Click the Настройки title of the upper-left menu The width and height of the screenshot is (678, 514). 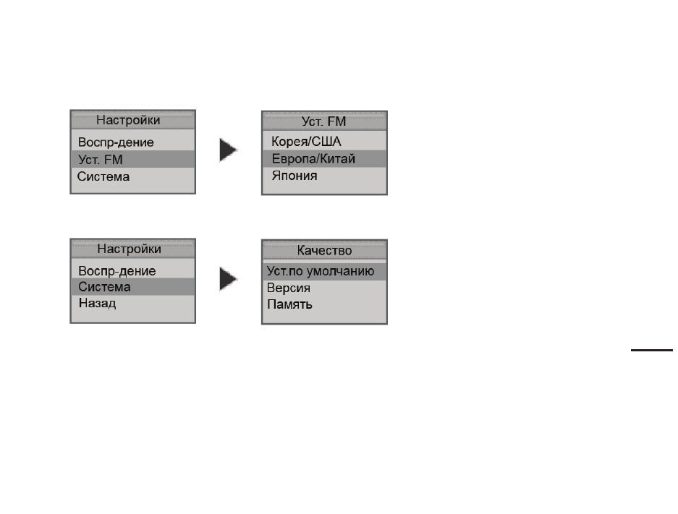(128, 120)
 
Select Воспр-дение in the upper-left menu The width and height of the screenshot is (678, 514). (116, 142)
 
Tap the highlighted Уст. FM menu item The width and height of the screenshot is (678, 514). (101, 159)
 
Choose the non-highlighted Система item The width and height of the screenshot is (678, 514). (103, 176)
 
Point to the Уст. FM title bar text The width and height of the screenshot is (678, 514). (324, 121)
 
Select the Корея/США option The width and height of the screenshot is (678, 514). (306, 141)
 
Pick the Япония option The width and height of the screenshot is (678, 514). (294, 176)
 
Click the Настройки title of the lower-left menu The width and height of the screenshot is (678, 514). (130, 249)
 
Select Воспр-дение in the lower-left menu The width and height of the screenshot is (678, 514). (116, 271)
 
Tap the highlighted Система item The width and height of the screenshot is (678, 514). (104, 287)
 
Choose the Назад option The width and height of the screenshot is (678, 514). (97, 303)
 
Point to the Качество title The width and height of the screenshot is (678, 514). (324, 250)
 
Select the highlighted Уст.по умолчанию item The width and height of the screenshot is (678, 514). (321, 271)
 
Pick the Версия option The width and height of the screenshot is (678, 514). (289, 288)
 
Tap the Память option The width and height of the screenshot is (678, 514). (289, 304)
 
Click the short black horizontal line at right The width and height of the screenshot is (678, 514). (652, 351)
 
